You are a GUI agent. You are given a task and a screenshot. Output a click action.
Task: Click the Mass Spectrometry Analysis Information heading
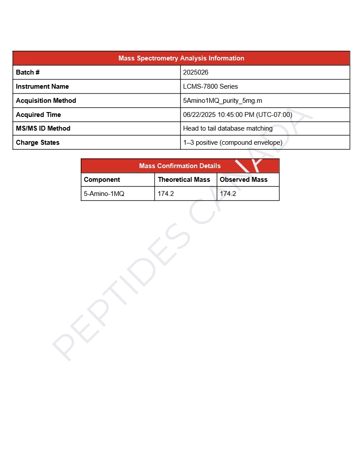click(181, 58)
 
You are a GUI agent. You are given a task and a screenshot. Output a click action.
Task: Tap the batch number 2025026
click(196, 72)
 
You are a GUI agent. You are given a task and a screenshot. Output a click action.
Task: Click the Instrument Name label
click(42, 86)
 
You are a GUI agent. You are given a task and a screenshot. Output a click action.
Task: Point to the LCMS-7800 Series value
click(210, 86)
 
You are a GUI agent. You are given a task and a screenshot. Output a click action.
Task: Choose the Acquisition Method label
click(46, 101)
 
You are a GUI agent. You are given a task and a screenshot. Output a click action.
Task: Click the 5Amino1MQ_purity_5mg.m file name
click(222, 101)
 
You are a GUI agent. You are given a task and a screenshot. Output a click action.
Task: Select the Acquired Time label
click(38, 115)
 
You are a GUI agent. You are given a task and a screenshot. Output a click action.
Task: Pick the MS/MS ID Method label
click(43, 128)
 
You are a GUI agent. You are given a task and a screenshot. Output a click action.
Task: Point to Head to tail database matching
click(228, 128)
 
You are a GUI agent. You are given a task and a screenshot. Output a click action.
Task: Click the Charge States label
click(37, 143)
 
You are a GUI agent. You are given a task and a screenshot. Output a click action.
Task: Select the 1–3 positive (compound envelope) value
click(232, 143)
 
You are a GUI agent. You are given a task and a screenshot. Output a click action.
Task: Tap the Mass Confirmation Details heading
click(180, 166)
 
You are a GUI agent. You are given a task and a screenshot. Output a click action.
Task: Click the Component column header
click(102, 180)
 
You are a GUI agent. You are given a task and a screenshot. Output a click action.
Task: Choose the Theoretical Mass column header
click(184, 180)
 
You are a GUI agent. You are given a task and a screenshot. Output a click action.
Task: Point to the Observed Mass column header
click(244, 180)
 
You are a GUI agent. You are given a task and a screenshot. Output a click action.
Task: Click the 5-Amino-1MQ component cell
click(104, 193)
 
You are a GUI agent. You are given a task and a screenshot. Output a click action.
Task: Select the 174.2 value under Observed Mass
click(228, 193)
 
